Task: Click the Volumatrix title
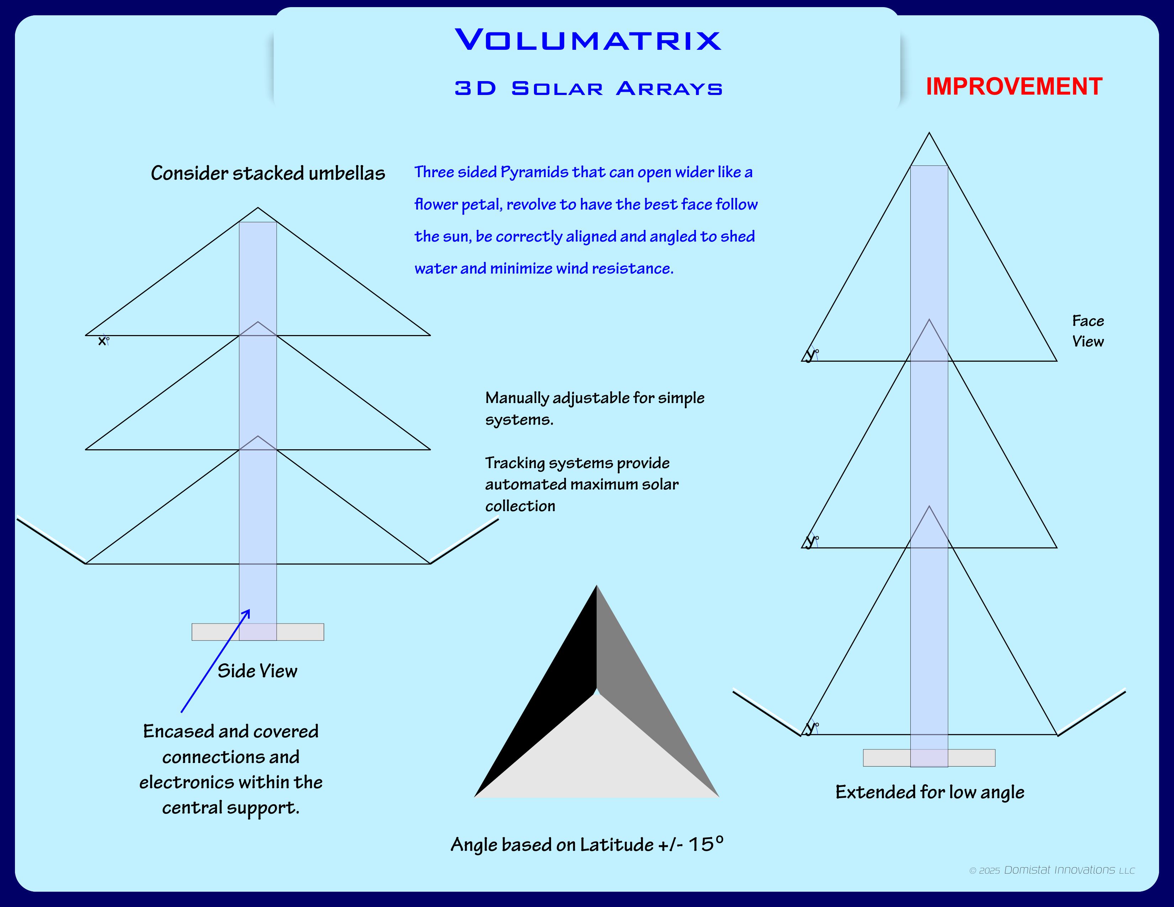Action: [x=588, y=40]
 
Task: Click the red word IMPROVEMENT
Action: [x=1014, y=86]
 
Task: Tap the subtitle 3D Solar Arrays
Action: [x=588, y=89]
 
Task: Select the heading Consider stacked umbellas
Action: [x=268, y=173]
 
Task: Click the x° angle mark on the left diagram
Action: [x=103, y=341]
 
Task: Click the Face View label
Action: [x=1088, y=331]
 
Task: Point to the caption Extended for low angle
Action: [x=929, y=792]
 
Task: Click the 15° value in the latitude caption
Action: [x=706, y=844]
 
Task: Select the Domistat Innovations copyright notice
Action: [x=1051, y=870]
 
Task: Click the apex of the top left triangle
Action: [x=258, y=208]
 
